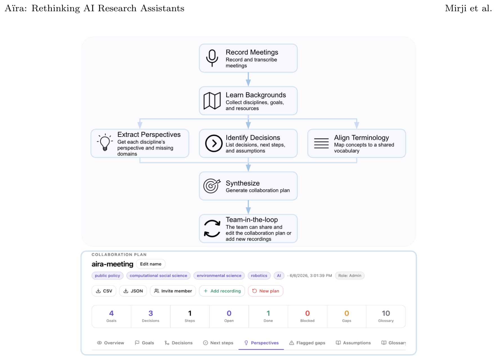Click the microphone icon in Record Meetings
212,58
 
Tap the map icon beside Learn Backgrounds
212,101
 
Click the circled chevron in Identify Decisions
214,143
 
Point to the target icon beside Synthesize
212,186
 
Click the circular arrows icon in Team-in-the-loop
212,229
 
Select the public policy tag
107,276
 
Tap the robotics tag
259,276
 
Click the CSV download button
104,291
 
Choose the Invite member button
173,291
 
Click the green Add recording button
222,291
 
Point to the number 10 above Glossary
386,313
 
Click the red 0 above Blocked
308,313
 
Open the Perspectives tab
261,343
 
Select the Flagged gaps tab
307,343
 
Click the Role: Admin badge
350,276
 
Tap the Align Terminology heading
361,138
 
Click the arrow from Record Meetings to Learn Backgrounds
248,79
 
